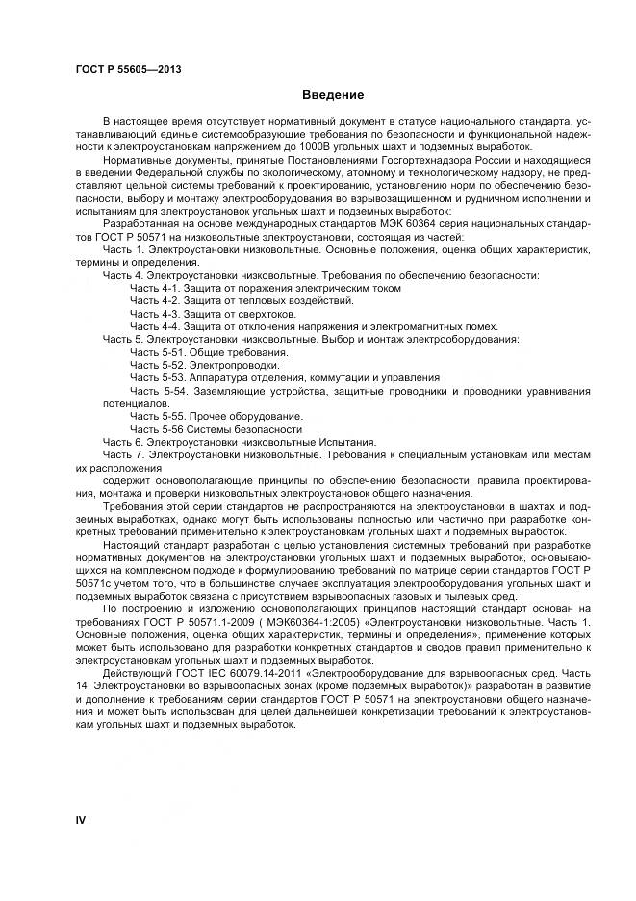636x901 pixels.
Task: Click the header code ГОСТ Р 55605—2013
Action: coord(128,70)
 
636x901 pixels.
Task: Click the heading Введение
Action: coord(332,95)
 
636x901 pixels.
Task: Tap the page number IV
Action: coord(81,819)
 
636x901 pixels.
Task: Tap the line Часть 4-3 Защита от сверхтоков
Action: coord(213,314)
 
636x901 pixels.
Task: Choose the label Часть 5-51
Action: coord(152,352)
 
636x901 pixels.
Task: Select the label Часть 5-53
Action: coord(152,378)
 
